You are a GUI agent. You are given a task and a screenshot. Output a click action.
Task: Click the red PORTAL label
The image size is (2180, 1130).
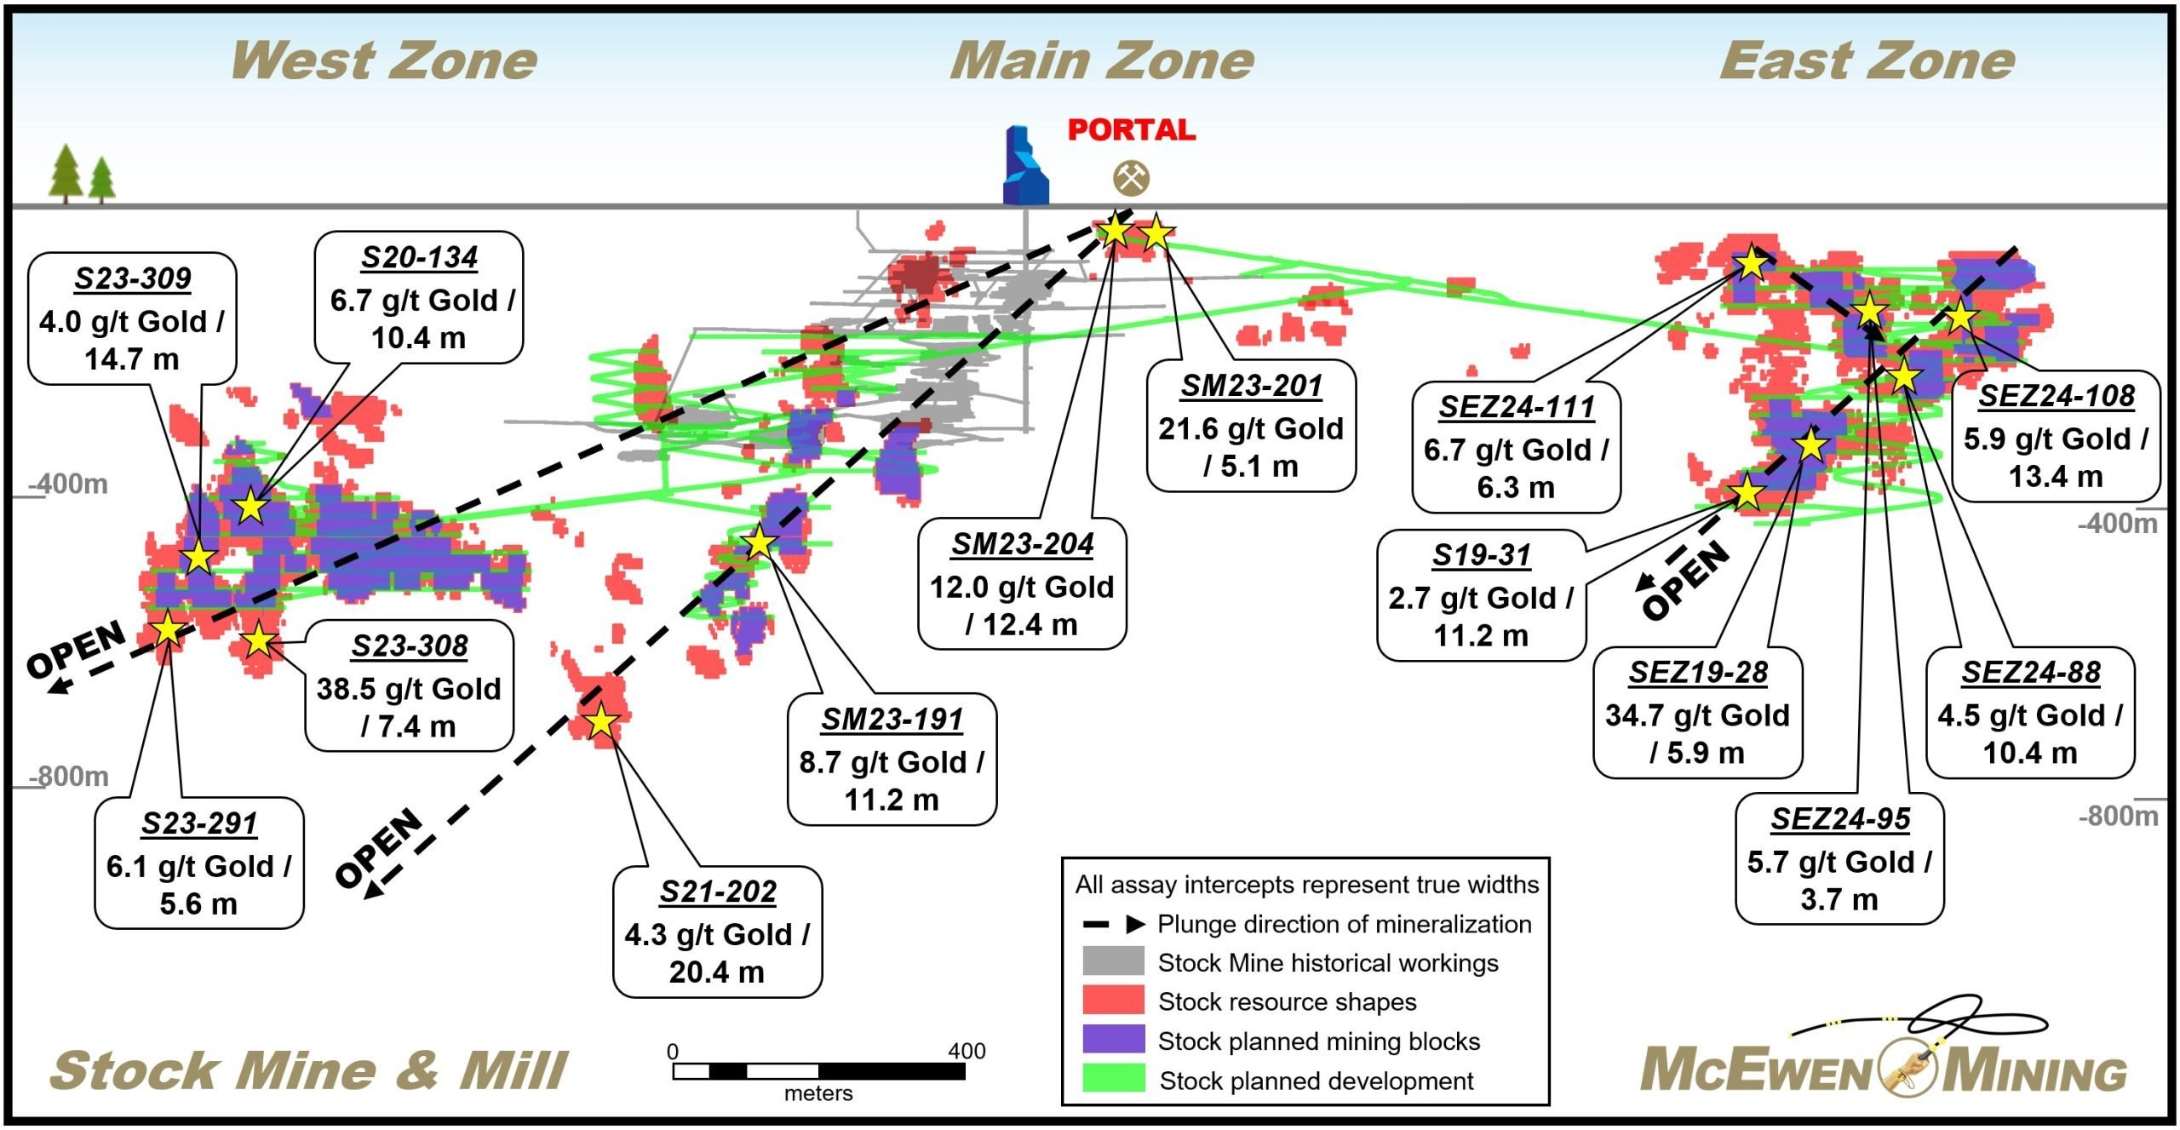pyautogui.click(x=1132, y=129)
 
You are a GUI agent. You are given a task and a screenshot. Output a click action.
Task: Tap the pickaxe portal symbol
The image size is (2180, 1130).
pyautogui.click(x=1132, y=178)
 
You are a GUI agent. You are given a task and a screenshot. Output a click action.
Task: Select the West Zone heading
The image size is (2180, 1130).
pyautogui.click(x=384, y=60)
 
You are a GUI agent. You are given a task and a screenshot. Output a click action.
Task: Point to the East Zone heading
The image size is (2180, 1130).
pyautogui.click(x=1867, y=60)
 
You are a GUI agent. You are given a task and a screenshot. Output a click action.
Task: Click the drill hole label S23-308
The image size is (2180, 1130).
pyautogui.click(x=410, y=645)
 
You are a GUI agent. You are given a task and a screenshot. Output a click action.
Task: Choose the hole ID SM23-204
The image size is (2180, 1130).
pyautogui.click(x=1023, y=543)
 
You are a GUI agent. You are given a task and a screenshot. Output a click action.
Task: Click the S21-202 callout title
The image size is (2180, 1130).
pyautogui.click(x=718, y=892)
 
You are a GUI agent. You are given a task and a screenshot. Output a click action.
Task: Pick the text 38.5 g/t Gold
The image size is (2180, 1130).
pyautogui.click(x=409, y=688)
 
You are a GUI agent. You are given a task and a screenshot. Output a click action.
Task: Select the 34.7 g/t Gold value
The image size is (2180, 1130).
pyautogui.click(x=1697, y=715)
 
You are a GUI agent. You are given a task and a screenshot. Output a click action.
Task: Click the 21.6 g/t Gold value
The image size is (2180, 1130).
pyautogui.click(x=1251, y=428)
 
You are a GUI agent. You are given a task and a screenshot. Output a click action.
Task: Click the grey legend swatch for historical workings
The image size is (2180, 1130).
pyautogui.click(x=1113, y=961)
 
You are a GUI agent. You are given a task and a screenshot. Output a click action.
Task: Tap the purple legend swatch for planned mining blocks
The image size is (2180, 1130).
pyautogui.click(x=1113, y=1039)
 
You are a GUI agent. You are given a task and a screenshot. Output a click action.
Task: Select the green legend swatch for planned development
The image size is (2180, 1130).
pyautogui.click(x=1113, y=1078)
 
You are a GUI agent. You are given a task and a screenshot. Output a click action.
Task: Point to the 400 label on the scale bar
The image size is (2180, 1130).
pyautogui.click(x=967, y=1051)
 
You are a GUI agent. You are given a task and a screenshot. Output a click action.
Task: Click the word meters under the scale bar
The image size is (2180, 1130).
pyautogui.click(x=818, y=1093)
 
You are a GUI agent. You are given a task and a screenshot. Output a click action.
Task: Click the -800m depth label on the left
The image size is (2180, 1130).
pyautogui.click(x=69, y=777)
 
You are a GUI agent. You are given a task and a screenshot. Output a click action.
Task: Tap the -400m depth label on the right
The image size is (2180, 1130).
pyautogui.click(x=2118, y=523)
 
